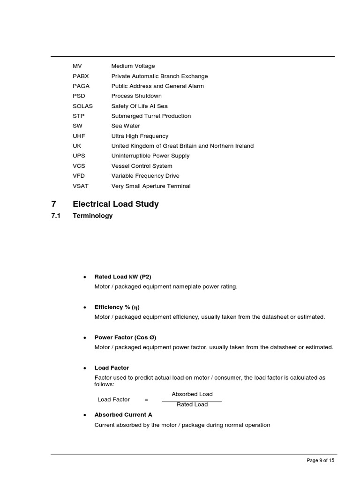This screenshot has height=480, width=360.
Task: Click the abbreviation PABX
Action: (x=81, y=76)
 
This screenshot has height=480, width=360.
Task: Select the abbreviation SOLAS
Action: (x=82, y=106)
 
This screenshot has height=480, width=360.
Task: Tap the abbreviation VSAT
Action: (x=81, y=186)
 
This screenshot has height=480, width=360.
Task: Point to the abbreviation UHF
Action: (x=79, y=136)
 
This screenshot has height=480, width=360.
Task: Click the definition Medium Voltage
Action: (x=133, y=66)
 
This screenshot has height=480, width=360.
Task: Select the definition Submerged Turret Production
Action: (x=151, y=116)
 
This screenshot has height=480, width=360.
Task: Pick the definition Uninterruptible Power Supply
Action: (x=150, y=156)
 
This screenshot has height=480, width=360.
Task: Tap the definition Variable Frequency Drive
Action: (x=145, y=176)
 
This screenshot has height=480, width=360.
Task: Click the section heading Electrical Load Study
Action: (x=116, y=204)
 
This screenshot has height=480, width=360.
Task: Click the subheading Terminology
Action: (x=92, y=216)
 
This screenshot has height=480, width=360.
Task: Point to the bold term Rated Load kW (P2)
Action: (x=123, y=277)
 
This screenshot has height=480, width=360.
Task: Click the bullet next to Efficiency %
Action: (x=84, y=307)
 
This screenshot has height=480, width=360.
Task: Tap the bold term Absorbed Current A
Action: (x=123, y=415)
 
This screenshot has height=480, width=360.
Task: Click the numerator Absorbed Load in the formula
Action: (x=192, y=394)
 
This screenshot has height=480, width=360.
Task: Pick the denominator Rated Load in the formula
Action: (x=192, y=405)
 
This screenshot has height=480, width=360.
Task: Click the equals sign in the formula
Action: (x=146, y=400)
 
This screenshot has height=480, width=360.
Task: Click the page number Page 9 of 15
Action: (x=320, y=461)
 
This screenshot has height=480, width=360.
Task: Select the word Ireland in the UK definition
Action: (x=243, y=146)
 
